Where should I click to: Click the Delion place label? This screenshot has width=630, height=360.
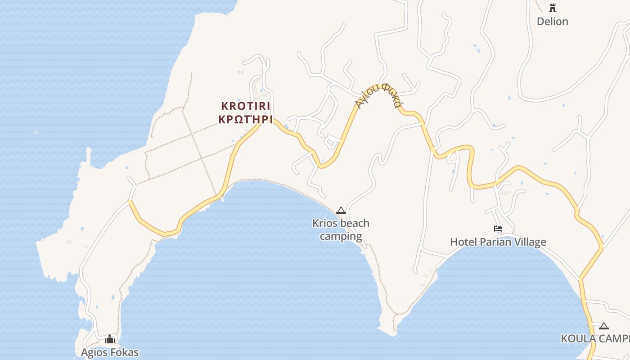tap(552, 22)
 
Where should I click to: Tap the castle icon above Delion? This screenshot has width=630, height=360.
tap(552, 8)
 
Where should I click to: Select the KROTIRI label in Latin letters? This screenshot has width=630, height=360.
tap(246, 106)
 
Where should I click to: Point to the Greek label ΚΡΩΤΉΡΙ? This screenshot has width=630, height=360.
tap(246, 119)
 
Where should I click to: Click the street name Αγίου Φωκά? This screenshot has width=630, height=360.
tap(378, 95)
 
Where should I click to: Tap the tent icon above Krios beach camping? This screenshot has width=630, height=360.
tap(341, 210)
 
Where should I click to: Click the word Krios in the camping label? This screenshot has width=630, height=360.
tap(324, 223)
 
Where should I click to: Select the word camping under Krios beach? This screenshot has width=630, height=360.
tap(341, 236)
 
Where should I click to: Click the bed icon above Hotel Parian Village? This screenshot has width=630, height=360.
tap(498, 229)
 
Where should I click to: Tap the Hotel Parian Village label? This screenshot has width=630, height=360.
tap(498, 242)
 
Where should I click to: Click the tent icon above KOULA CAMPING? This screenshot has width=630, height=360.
tap(604, 326)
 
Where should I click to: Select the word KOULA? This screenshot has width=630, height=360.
tap(578, 339)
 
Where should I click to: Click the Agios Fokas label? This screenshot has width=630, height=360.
tap(110, 352)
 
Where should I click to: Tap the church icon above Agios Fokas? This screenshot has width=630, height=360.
tap(110, 339)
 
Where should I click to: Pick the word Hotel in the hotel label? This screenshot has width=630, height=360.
tap(463, 242)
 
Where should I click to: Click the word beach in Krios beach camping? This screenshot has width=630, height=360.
tap(354, 223)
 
